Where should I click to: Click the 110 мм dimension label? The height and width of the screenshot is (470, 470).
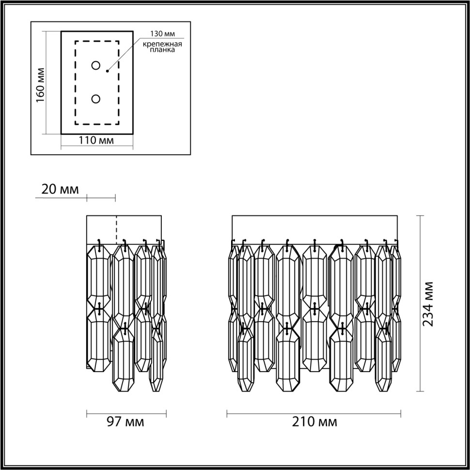[96, 141]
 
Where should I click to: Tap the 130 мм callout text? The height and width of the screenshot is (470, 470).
[162, 34]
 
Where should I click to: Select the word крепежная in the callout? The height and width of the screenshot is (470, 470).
[162, 44]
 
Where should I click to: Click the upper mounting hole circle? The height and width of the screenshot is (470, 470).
[96, 65]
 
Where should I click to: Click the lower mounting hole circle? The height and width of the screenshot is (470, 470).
[96, 99]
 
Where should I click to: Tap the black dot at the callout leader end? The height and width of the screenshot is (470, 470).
[107, 71]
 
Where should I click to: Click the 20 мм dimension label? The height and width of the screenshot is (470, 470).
[60, 189]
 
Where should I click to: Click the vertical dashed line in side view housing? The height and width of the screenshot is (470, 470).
[116, 229]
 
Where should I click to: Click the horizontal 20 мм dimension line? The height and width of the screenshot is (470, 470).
[101, 197]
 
